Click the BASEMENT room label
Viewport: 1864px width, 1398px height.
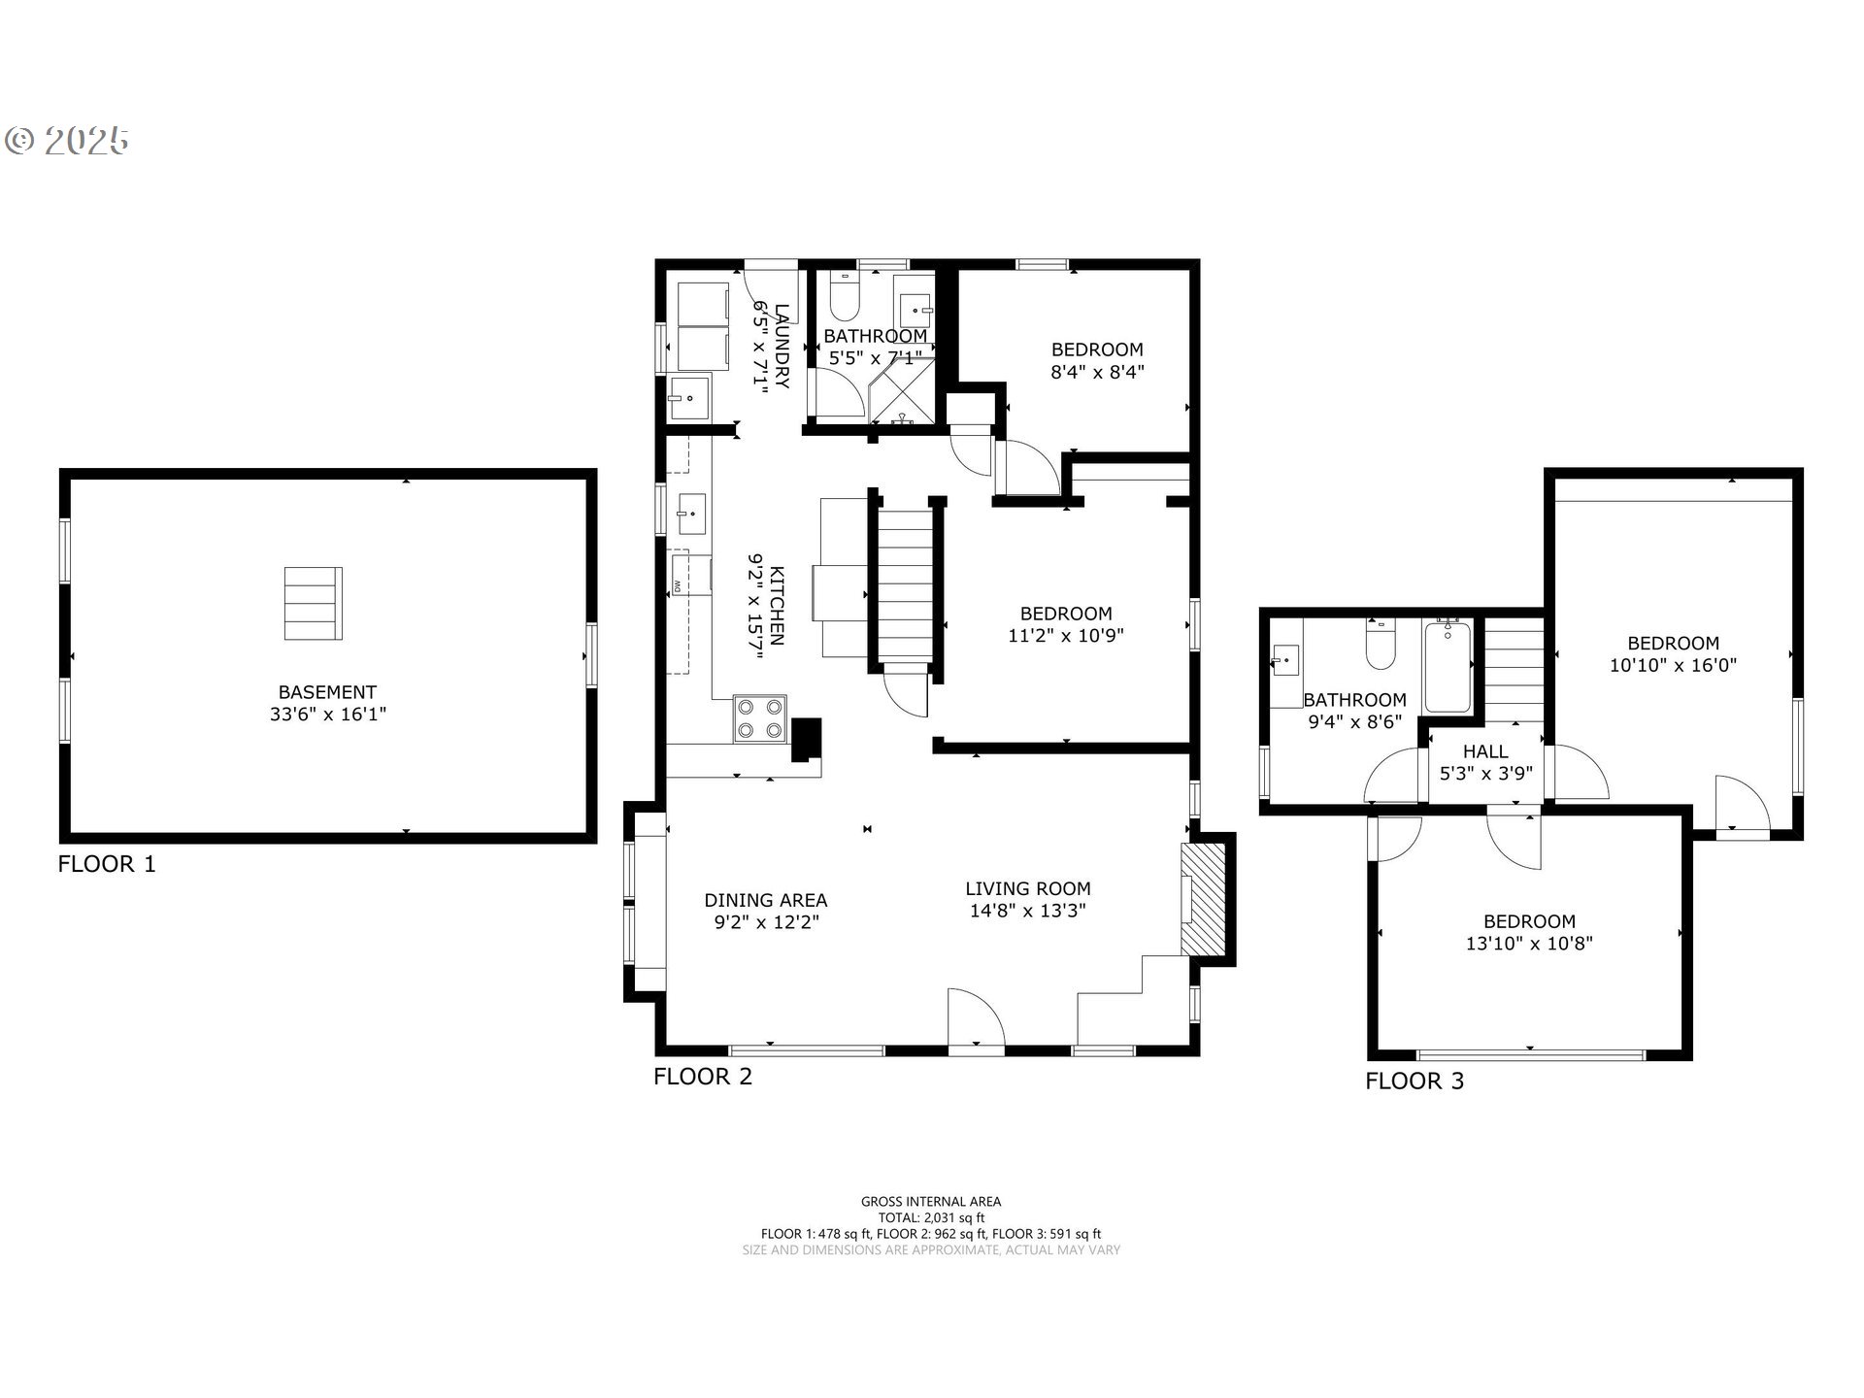click(327, 692)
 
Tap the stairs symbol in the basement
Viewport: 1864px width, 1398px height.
click(313, 604)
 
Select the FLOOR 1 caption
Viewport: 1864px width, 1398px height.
click(107, 864)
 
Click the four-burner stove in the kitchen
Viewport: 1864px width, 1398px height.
click(759, 719)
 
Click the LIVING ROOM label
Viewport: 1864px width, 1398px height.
click(1028, 888)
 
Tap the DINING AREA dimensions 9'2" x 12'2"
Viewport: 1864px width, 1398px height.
click(767, 922)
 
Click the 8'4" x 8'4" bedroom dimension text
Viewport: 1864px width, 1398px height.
click(1098, 371)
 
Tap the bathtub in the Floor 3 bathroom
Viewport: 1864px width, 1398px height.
click(1448, 667)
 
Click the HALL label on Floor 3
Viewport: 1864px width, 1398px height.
click(1485, 751)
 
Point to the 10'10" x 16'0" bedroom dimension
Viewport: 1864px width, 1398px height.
click(1674, 665)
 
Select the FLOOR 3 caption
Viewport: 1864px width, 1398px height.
click(1415, 1082)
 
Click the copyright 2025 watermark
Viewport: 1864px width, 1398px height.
click(68, 142)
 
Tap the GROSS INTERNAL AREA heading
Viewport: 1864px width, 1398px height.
click(931, 1202)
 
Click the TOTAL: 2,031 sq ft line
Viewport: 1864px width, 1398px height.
click(931, 1217)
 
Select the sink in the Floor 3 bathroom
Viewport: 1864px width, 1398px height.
click(1284, 662)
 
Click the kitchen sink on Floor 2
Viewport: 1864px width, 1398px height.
click(692, 514)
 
